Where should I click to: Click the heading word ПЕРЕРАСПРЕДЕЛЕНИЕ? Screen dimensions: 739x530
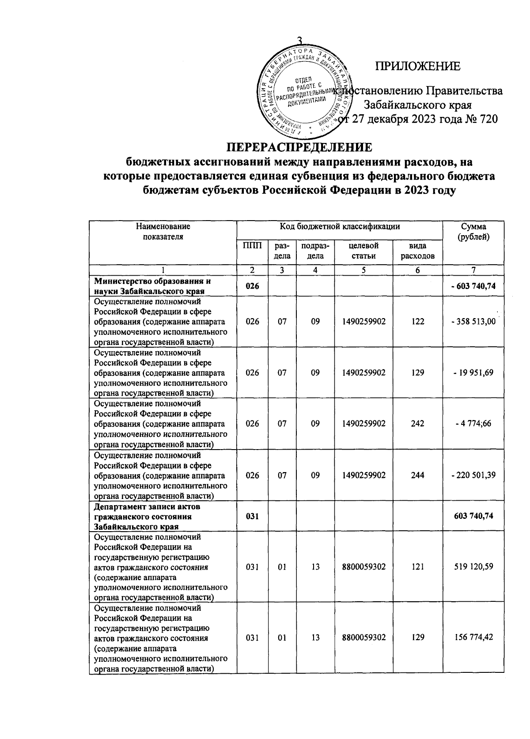coord(299,147)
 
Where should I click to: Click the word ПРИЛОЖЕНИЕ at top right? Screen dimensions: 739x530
coord(417,67)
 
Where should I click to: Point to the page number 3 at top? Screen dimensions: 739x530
coord(300,41)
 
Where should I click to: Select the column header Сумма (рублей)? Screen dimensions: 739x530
coord(473,232)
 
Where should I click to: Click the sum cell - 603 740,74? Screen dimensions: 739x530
coord(473,286)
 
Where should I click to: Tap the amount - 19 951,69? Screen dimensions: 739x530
coord(473,373)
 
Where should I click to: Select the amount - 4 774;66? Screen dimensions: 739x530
coord(473,424)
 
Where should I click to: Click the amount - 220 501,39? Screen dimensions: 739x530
coord(473,475)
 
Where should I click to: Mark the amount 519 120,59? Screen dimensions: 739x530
coord(473,566)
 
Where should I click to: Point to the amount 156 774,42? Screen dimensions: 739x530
coord(473,638)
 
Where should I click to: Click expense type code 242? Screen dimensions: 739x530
coord(417,424)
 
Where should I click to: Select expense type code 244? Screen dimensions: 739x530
coord(417,475)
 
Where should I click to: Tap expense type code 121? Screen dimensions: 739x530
coord(417,566)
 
